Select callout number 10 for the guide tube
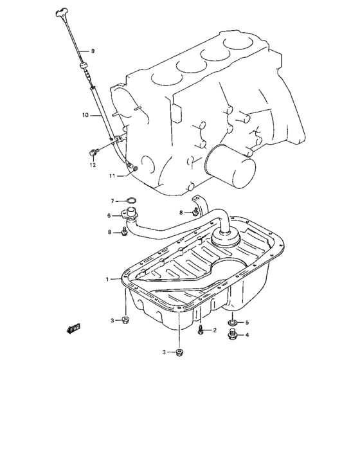tap(85, 116)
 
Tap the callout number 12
tap(93, 165)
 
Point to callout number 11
tap(112, 175)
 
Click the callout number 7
tap(112, 201)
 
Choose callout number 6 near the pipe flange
tap(109, 216)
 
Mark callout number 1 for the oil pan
tap(108, 279)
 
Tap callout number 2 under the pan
tap(215, 331)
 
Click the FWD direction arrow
tap(73, 328)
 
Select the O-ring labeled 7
tap(130, 201)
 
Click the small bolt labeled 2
tap(201, 330)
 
